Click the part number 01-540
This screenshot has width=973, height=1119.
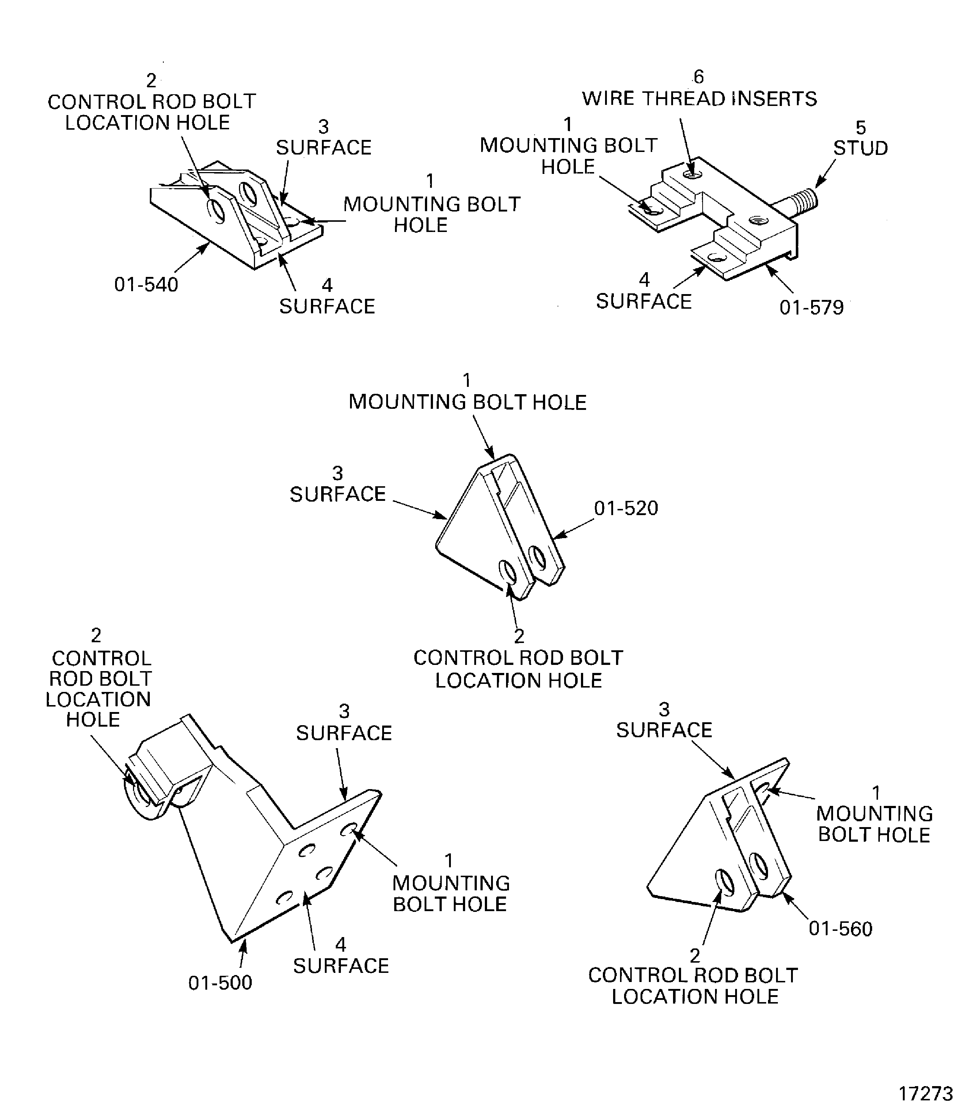point(146,285)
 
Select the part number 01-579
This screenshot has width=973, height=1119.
point(812,308)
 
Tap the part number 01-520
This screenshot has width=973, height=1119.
point(626,508)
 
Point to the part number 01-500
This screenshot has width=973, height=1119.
point(220,983)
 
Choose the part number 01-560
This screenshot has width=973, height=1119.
point(840,929)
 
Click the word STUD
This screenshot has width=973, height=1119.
point(860,148)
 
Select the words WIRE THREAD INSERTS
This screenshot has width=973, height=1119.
point(699,99)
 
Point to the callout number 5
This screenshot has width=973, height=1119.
point(860,127)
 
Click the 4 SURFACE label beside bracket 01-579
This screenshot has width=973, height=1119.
point(644,291)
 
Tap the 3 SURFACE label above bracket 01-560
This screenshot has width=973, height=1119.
point(664,720)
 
